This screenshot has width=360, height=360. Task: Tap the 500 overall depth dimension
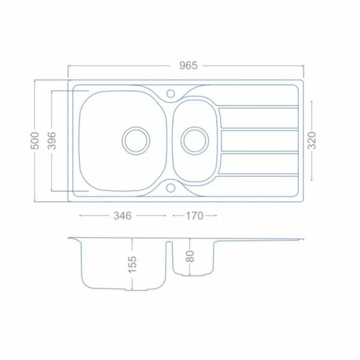click(35, 141)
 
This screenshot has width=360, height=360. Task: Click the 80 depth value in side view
click(190, 256)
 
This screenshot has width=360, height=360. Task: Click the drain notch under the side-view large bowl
click(133, 290)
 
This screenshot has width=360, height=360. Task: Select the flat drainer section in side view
click(264, 239)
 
